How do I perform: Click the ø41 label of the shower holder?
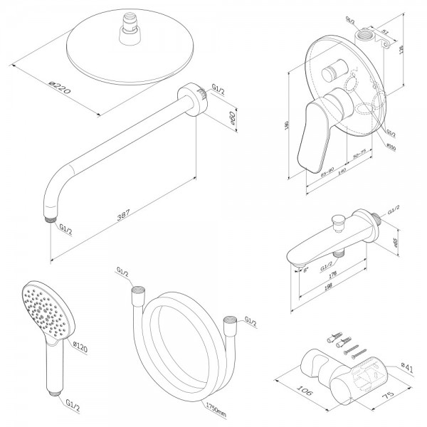point(406,367)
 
